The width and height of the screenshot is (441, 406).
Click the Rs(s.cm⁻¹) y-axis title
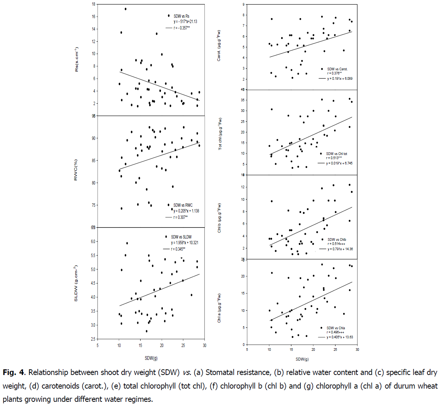[x=77, y=59]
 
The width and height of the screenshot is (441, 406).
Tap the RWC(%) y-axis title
[x=76, y=170]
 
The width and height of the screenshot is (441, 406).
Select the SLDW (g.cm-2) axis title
[x=76, y=284]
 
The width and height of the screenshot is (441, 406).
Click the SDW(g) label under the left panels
[x=151, y=358]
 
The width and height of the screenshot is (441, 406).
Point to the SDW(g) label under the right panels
[x=302, y=359]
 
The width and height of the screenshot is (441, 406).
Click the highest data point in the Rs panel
[x=125, y=9]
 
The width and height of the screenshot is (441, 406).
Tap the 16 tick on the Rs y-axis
[x=93, y=17]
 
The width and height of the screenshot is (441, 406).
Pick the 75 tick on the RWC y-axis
[x=93, y=205]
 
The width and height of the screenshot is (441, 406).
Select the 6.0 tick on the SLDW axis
[x=92, y=242]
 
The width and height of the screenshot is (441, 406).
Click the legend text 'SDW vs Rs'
[x=181, y=16]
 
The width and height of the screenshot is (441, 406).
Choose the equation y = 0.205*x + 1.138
[x=186, y=211]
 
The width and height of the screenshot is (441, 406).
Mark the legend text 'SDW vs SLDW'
[x=181, y=237]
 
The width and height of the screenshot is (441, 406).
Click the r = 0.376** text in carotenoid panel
[x=334, y=74]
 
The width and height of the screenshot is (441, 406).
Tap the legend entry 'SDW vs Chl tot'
[x=337, y=154]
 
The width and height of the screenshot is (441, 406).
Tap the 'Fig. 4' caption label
[x=14, y=372]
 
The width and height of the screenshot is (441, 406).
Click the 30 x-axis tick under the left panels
[x=204, y=346]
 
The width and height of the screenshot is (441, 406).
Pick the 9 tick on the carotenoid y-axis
[x=244, y=5]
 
